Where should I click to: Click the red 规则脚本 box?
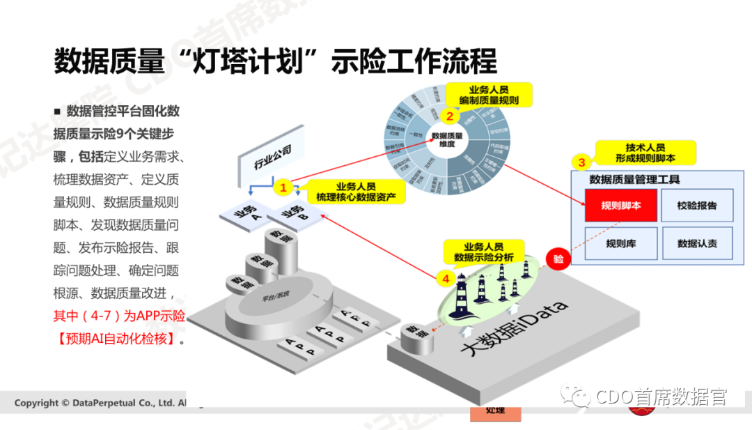[x=620, y=206]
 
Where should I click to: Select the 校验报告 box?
[x=696, y=206]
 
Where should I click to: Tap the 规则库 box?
[x=620, y=244]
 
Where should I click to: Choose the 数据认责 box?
[x=696, y=244]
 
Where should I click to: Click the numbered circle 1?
[x=283, y=187]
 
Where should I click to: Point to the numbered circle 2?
[x=450, y=116]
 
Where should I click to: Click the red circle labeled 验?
[x=558, y=259]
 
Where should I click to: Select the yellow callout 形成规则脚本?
[x=645, y=153]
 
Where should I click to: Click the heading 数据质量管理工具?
[x=634, y=179]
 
